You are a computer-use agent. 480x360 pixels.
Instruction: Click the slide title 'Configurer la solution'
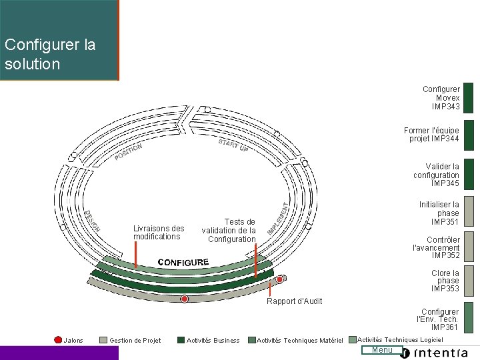coord(50,55)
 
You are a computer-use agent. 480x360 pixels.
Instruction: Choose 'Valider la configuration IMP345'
coord(437,175)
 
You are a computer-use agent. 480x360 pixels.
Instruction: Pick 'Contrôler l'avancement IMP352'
coord(437,247)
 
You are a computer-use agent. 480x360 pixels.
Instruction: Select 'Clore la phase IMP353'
coord(445,281)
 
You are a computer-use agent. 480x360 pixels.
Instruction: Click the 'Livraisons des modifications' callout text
coord(159,232)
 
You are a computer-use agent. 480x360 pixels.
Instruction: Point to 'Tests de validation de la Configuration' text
coord(229,231)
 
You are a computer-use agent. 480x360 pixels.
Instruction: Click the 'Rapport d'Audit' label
coord(294,301)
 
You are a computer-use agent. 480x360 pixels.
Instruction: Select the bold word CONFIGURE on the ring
coord(183,262)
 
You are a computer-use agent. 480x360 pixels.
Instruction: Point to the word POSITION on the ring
coord(128,153)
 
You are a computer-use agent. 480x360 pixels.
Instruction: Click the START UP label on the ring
coord(233,145)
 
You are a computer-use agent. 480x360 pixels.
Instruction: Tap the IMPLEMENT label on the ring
coord(278,218)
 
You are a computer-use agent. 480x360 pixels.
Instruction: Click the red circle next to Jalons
coord(58,340)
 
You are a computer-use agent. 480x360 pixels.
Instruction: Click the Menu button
coord(383,350)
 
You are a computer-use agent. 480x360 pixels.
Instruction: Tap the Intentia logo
coord(441,352)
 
